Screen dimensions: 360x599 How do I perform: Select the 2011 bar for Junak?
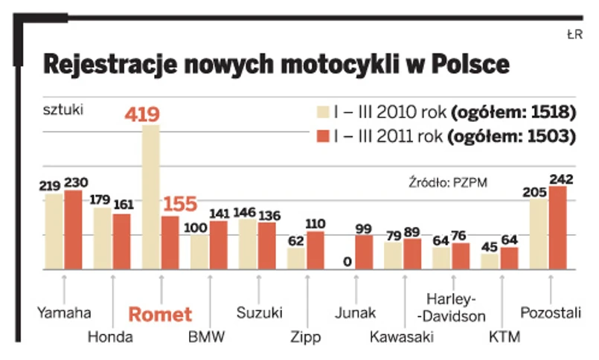point(364,251)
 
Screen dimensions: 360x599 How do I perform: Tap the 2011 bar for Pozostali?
point(557,227)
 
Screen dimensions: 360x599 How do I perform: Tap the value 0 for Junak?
point(347,261)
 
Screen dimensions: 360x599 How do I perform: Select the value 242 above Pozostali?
point(560,179)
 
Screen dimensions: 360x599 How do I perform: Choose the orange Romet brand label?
point(160,315)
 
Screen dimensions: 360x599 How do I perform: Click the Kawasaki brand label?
point(402,337)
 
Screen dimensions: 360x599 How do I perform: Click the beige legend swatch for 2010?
point(324,114)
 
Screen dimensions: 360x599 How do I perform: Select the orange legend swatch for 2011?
point(324,136)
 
